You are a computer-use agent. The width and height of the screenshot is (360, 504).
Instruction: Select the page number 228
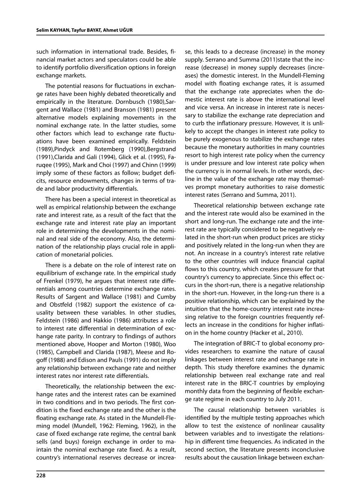pos(40,475)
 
